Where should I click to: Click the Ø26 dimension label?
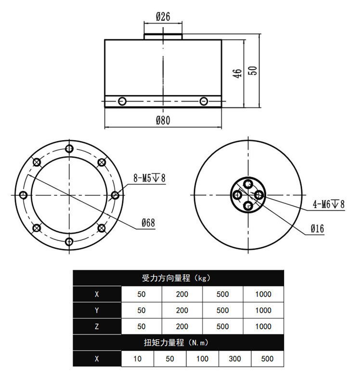pyautogui.click(x=163, y=17)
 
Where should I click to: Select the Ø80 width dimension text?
pyautogui.click(x=163, y=120)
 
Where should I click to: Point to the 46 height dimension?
pyautogui.click(x=237, y=74)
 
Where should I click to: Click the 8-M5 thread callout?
pyautogui.click(x=150, y=178)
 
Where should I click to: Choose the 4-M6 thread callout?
pyautogui.click(x=329, y=204)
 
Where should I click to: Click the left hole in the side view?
pyautogui.click(x=122, y=101)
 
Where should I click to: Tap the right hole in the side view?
pyautogui.click(x=204, y=101)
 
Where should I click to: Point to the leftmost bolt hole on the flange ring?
pyautogui.click(x=23, y=195)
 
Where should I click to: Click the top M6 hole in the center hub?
pyautogui.click(x=248, y=184)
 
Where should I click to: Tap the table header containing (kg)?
pyautogui.click(x=178, y=278)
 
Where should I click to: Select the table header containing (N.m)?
pyautogui.click(x=178, y=343)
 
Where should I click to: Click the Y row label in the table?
pyautogui.click(x=97, y=310)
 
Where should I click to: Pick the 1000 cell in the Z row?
pyautogui.click(x=263, y=326)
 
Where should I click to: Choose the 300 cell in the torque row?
pyautogui.click(x=235, y=359)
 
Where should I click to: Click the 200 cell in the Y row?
pyautogui.click(x=182, y=310)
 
